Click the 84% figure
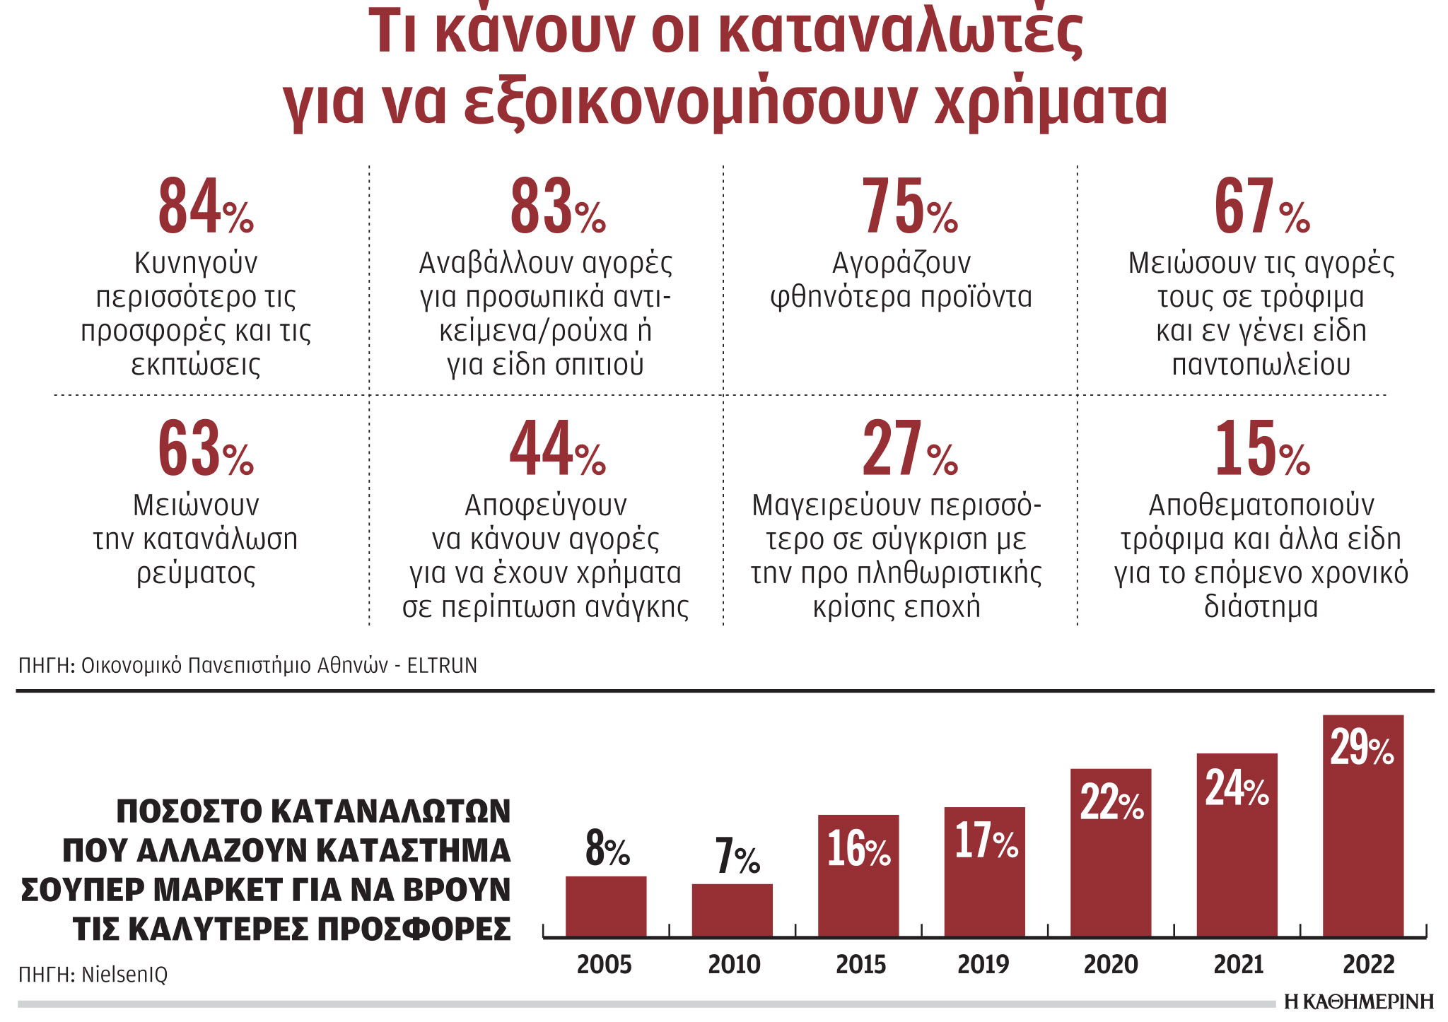(x=204, y=206)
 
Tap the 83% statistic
(x=557, y=206)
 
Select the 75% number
(x=909, y=206)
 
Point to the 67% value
(x=1261, y=206)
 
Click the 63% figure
(x=204, y=449)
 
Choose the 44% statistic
(x=557, y=449)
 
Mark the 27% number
(x=909, y=449)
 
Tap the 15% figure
(x=1261, y=449)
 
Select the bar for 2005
(x=606, y=907)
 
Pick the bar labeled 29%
(x=1362, y=827)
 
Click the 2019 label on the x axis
(x=983, y=965)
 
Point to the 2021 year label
(x=1238, y=965)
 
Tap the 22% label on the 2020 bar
(x=1111, y=804)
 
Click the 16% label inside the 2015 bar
(x=858, y=849)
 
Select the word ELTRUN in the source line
(x=442, y=666)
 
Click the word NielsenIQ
(x=124, y=975)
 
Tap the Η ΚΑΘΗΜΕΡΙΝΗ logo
(x=1358, y=1002)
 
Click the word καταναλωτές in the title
(x=901, y=32)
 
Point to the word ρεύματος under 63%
(x=196, y=572)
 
